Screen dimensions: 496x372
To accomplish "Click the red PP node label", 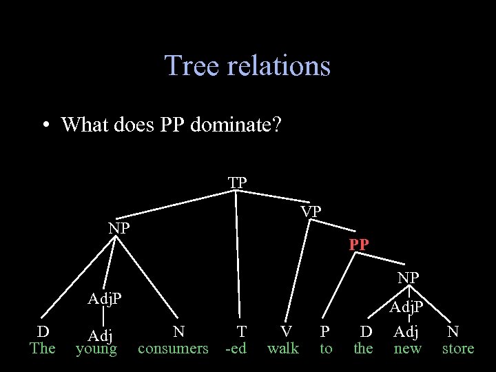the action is pyautogui.click(x=359, y=245).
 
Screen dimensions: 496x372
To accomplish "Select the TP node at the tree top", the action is pyautogui.click(x=238, y=183).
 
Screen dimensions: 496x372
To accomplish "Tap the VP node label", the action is pyautogui.click(x=311, y=211).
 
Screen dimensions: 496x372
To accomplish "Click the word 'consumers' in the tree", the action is pyautogui.click(x=173, y=349).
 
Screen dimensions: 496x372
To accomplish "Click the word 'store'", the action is pyautogui.click(x=458, y=349).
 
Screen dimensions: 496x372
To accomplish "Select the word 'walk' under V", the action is pyautogui.click(x=282, y=349).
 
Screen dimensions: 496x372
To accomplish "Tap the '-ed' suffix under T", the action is pyautogui.click(x=236, y=349).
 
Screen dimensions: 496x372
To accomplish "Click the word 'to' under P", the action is pyautogui.click(x=326, y=349).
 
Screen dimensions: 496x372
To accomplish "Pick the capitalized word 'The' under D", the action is pyautogui.click(x=43, y=349).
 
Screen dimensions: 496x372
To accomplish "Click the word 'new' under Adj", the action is pyautogui.click(x=407, y=349).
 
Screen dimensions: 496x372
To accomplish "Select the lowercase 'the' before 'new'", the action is pyautogui.click(x=363, y=349).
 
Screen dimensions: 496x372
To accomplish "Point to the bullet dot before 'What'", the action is pyautogui.click(x=45, y=125).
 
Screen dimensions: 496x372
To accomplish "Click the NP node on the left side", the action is pyautogui.click(x=119, y=228).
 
